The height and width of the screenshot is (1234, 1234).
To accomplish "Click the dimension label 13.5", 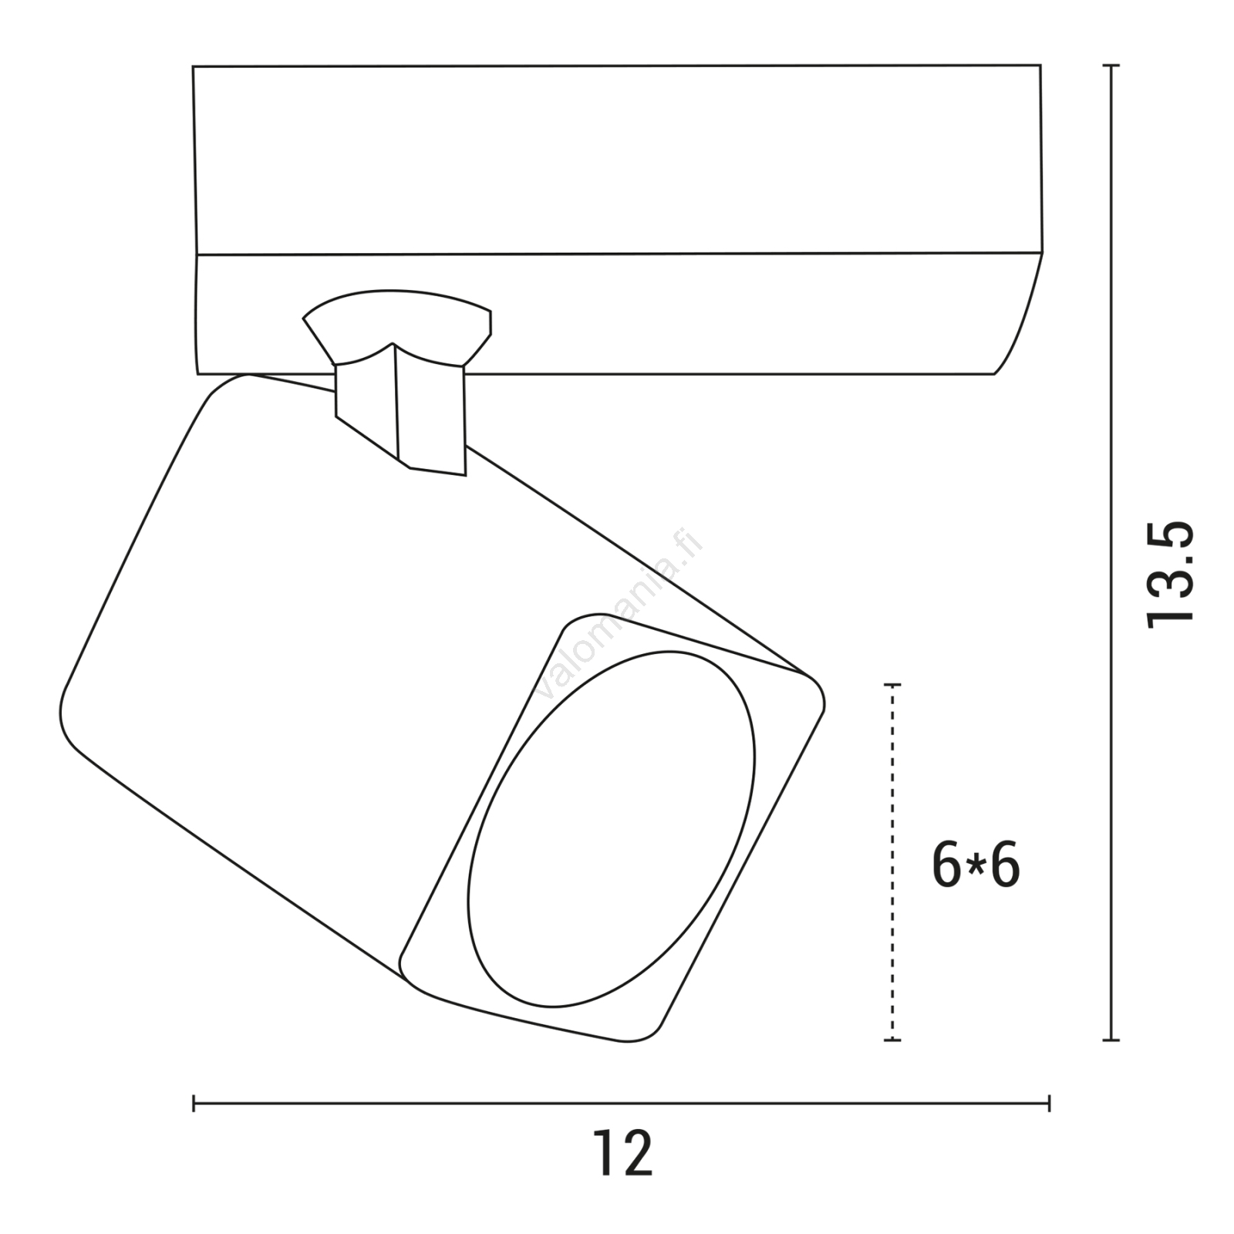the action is [x=1171, y=575].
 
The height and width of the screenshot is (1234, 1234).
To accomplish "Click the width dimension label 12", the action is [x=622, y=1152].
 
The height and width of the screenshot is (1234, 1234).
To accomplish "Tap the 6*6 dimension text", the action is [x=976, y=865].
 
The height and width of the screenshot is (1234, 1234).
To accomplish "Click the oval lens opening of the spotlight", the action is [x=611, y=829].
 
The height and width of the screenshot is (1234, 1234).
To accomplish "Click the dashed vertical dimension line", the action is [x=893, y=862].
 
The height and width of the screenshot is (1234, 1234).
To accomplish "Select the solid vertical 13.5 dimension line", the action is [x=1111, y=553].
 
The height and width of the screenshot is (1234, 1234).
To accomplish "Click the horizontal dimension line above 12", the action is [x=621, y=1104].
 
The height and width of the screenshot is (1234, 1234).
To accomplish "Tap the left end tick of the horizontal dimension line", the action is [x=194, y=1104].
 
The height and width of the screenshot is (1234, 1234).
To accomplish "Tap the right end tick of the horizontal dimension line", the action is [x=1049, y=1104].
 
